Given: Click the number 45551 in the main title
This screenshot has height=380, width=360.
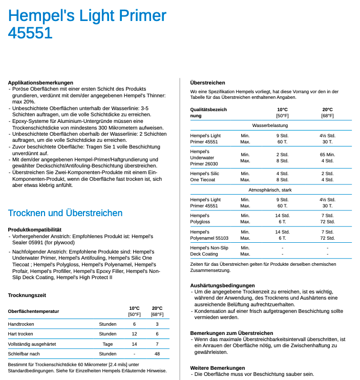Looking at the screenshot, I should pyautogui.click(x=30, y=33).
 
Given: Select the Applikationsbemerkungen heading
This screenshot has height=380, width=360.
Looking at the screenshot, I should pyautogui.click(x=40, y=82).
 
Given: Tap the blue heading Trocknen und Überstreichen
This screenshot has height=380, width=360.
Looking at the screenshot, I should pyautogui.click(x=65, y=213).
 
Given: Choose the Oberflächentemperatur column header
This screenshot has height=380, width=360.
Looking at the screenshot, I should pyautogui.click(x=33, y=311).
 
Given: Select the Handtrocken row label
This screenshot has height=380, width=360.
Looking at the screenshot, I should pyautogui.click(x=20, y=324).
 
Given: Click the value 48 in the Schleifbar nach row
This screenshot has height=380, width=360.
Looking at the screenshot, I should pyautogui.click(x=157, y=354).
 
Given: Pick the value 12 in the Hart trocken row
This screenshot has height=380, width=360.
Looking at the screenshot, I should pyautogui.click(x=134, y=334).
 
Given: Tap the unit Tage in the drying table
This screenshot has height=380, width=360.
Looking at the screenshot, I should pyautogui.click(x=108, y=344).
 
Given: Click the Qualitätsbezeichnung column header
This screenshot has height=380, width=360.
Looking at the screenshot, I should pyautogui.click(x=208, y=113).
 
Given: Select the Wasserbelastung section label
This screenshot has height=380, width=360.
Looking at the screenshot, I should pyautogui.click(x=270, y=125).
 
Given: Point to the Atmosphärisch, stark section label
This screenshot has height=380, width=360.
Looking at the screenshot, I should pyautogui.click(x=270, y=190).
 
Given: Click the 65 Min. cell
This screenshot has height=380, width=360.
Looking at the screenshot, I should pyautogui.click(x=327, y=154).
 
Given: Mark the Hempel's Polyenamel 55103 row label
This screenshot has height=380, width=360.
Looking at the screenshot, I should pyautogui.click(x=209, y=235).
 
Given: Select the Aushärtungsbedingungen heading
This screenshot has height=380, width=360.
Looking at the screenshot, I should pyautogui.click(x=222, y=285).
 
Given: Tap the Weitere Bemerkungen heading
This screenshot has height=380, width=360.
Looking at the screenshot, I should pyautogui.click(x=217, y=368).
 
